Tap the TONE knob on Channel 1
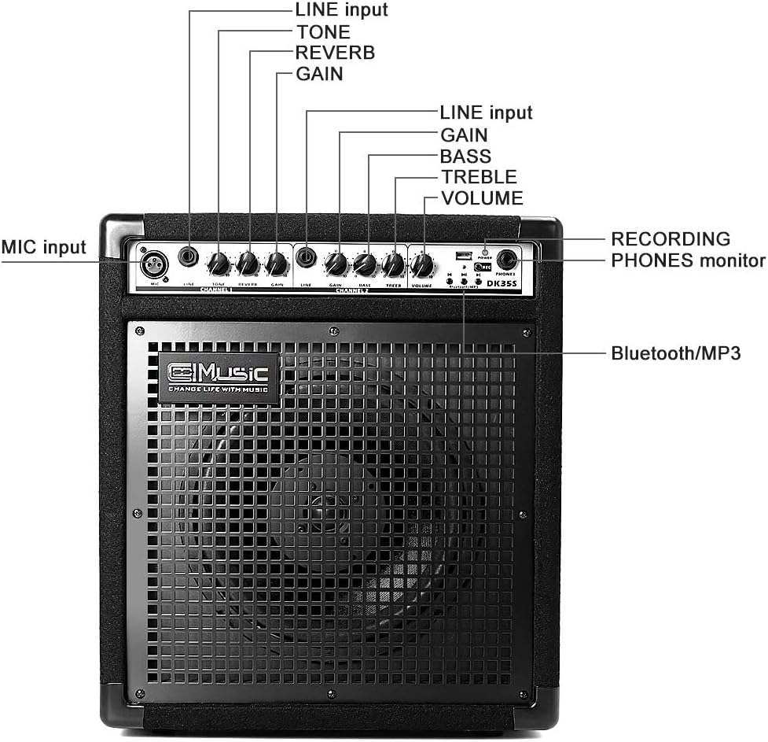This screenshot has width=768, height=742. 219,264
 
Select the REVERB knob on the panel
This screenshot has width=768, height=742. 248,264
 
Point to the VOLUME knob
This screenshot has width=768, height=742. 422,265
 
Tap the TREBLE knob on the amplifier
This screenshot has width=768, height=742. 392,265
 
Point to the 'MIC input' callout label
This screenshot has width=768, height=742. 43,246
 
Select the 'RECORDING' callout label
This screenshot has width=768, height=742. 671,238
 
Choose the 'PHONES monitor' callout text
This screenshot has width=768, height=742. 688,260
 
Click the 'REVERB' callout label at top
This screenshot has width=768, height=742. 335,53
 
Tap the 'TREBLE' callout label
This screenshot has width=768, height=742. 479,177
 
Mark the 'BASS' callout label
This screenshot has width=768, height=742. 465,156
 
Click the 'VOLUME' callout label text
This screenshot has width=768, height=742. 482,198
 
